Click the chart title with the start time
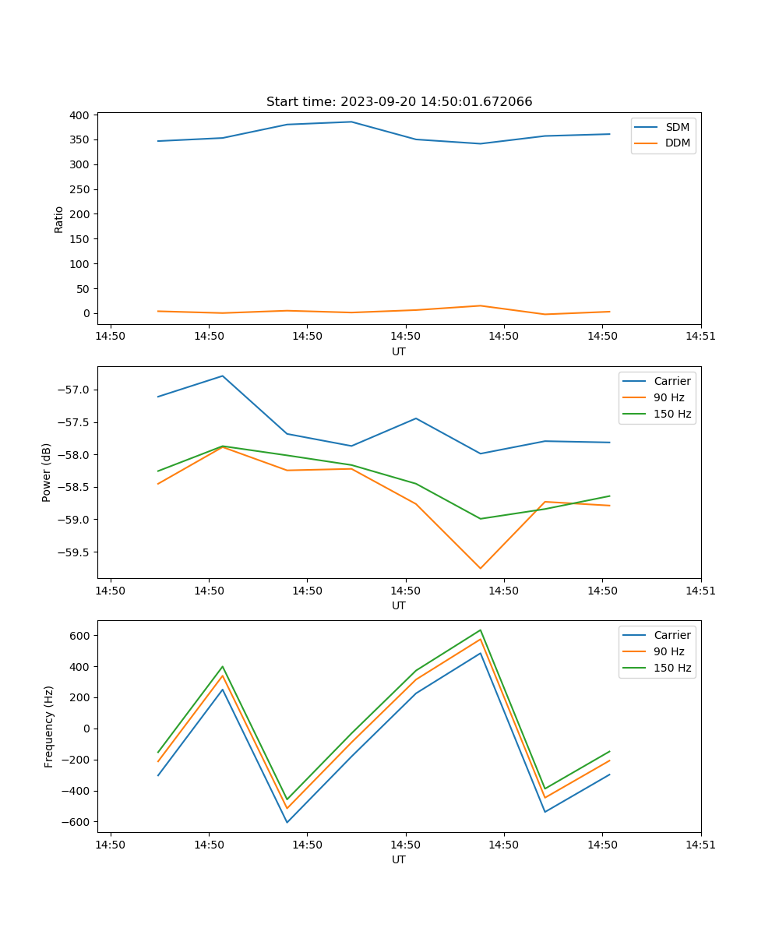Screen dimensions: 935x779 click(399, 102)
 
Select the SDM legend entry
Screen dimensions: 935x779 click(677, 127)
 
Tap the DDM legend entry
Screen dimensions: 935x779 click(677, 143)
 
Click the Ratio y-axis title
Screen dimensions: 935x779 click(59, 219)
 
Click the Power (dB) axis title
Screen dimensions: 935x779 click(48, 472)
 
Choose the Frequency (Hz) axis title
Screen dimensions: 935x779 click(49, 726)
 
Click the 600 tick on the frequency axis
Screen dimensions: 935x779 click(80, 636)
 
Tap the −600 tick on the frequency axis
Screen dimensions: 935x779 click(77, 822)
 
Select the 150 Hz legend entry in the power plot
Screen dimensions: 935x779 click(672, 414)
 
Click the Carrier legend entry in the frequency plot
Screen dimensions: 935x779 click(671, 635)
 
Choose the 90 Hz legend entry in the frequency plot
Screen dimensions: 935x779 click(668, 651)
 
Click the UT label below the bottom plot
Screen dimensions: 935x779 click(399, 859)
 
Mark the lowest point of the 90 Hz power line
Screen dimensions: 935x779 click(481, 568)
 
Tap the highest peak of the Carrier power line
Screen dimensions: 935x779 click(223, 376)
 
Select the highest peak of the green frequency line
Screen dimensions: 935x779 click(481, 630)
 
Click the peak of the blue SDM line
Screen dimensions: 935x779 click(351, 122)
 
